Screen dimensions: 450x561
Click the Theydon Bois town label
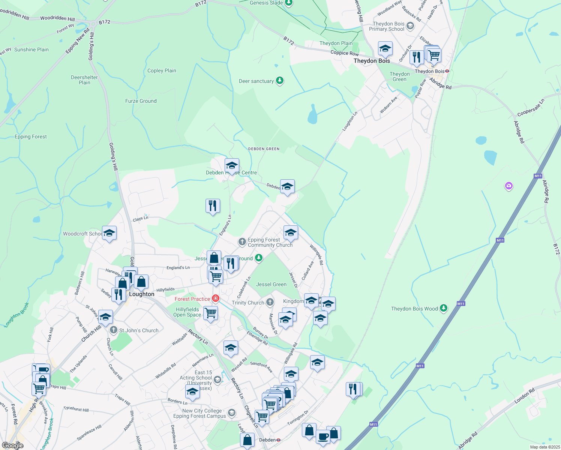click(372, 61)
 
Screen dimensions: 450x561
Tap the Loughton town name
click(141, 294)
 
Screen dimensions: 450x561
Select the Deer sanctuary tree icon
click(280, 81)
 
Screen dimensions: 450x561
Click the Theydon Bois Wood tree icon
click(444, 308)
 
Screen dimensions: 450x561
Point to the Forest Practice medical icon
click(216, 298)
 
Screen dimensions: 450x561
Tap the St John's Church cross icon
click(114, 330)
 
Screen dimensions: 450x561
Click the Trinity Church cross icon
click(270, 302)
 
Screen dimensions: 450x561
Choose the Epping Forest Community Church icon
click(242, 242)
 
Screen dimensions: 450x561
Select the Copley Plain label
click(162, 70)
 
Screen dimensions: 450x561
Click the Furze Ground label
click(141, 101)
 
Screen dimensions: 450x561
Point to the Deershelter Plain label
click(84, 80)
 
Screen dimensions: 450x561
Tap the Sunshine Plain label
click(31, 49)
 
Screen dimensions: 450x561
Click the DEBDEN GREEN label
click(264, 149)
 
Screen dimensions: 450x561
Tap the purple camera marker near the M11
click(508, 186)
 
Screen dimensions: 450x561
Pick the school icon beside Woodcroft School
click(109, 233)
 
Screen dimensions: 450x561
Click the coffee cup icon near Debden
click(323, 437)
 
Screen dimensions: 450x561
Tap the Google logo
click(12, 445)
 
